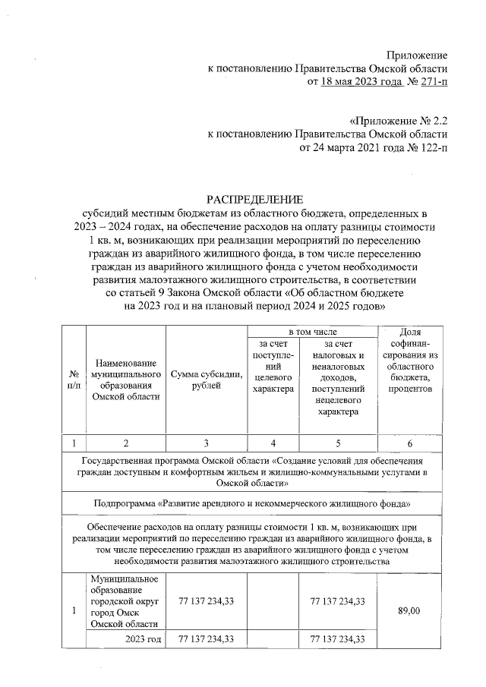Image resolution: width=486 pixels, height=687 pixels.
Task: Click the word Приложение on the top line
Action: coord(417,55)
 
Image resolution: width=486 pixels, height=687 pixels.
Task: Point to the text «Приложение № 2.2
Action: coord(398,120)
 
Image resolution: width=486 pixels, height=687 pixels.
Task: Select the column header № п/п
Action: coord(74,381)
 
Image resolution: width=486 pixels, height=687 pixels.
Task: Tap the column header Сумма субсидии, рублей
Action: coord(207,380)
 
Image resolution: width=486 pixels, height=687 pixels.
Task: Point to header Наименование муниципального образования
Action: coord(125,380)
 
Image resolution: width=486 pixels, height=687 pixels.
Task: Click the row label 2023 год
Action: coord(144,639)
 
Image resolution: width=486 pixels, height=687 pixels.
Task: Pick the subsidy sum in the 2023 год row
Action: coord(206,639)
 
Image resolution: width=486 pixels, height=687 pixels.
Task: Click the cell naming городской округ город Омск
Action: coord(125,601)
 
